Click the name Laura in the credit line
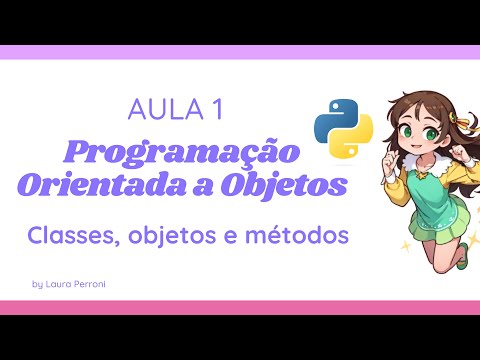(63, 285)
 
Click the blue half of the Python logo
(332, 115)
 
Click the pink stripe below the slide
(240, 307)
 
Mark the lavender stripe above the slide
(240, 52)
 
